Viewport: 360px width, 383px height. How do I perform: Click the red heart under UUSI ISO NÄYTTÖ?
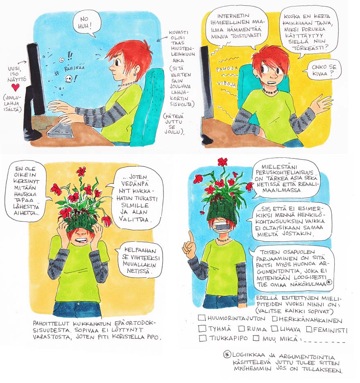point(16,87)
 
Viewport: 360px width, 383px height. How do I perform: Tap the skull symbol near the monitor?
point(68,79)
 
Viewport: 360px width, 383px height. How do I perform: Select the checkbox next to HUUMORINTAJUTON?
point(202,318)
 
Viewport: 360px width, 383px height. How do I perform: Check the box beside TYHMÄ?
point(202,329)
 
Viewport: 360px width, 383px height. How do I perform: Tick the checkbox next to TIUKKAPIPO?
point(203,338)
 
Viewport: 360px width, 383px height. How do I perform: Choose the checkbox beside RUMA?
point(242,328)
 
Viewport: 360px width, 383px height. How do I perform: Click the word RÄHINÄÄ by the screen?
point(74,68)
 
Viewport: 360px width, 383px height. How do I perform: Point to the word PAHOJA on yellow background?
point(226,69)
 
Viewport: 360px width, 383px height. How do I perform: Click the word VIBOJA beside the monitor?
point(226,84)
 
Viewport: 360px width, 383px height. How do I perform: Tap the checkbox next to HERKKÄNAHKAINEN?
point(275,319)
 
